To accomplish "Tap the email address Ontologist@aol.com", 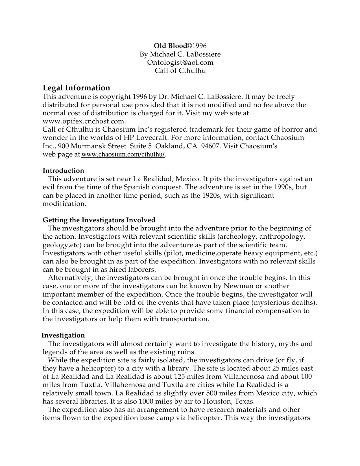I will [180, 62].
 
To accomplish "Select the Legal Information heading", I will [76, 88].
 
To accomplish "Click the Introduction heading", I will [63, 171].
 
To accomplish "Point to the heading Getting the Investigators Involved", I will [99, 220].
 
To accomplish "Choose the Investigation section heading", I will [63, 335].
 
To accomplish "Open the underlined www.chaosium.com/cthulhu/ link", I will [123, 154].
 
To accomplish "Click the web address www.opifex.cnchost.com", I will [84, 121].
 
